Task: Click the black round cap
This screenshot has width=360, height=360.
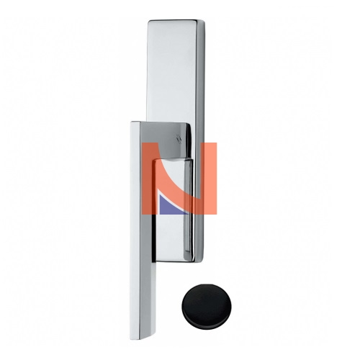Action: [x=207, y=307]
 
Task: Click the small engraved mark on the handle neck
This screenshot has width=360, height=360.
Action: [x=179, y=138]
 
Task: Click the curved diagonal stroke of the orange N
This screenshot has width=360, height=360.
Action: [x=179, y=179]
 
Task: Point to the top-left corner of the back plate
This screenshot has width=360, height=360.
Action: [x=148, y=21]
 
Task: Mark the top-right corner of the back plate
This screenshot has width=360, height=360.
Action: [x=204, y=21]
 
